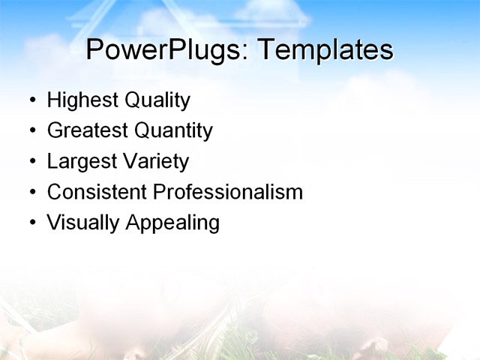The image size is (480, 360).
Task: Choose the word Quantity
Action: [173, 131]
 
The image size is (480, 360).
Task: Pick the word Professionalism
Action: [227, 192]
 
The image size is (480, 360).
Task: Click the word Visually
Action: [82, 223]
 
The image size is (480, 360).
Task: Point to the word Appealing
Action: [171, 223]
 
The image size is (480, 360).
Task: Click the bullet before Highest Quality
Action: [31, 100]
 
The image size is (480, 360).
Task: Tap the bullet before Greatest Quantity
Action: [31, 131]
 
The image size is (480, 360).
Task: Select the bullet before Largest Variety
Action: [31, 162]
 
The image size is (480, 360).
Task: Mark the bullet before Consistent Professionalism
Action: [31, 193]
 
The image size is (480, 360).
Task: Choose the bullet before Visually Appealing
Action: [31, 223]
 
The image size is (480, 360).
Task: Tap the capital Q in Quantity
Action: [144, 130]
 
